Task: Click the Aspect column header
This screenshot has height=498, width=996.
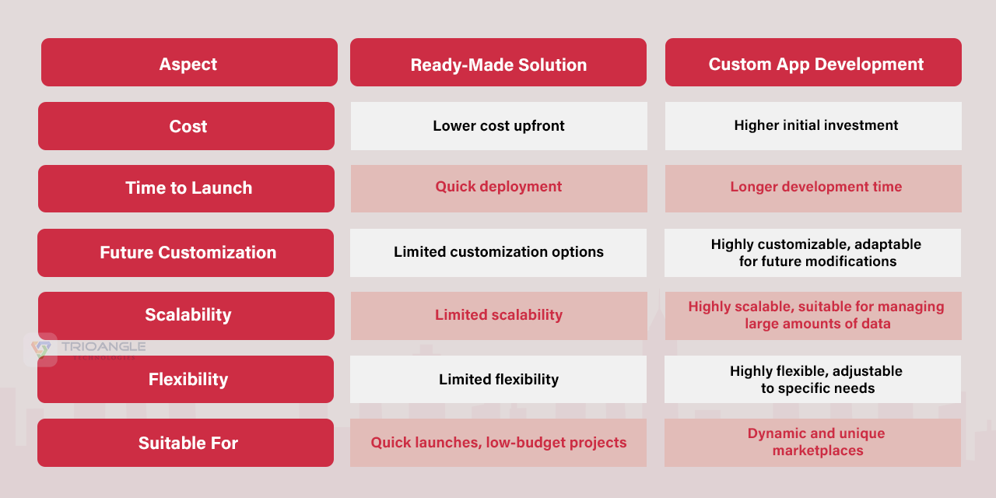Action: (x=189, y=62)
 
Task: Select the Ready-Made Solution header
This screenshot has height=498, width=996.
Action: (x=498, y=62)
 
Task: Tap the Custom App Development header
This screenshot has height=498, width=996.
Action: (x=813, y=62)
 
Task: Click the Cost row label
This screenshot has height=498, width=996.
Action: (x=186, y=126)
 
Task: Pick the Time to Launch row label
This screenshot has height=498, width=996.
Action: (x=186, y=188)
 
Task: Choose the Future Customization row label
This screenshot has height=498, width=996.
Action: (x=185, y=253)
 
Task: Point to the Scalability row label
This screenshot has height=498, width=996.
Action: (x=186, y=316)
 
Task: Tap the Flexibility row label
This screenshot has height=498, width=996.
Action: (x=185, y=379)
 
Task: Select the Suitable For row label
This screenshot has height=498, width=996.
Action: (x=185, y=443)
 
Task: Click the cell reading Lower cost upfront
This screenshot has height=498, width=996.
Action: (x=499, y=126)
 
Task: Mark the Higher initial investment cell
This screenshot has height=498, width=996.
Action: (x=813, y=126)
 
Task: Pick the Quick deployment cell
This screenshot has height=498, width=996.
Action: (x=499, y=188)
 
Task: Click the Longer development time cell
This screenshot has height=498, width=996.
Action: (x=813, y=188)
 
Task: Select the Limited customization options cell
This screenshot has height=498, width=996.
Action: (x=498, y=253)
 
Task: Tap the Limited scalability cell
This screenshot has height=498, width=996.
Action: (x=499, y=316)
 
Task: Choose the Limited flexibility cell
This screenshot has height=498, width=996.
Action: (x=498, y=379)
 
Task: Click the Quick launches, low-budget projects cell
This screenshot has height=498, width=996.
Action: (x=498, y=443)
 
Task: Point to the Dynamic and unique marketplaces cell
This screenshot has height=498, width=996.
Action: (x=812, y=443)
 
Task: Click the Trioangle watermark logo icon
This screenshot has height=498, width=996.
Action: (x=41, y=349)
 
